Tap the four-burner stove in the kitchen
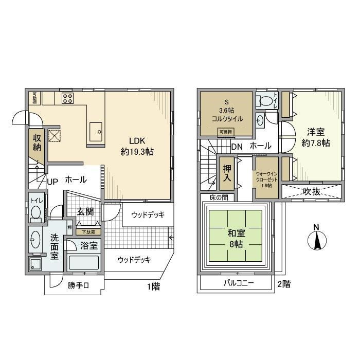[68, 98]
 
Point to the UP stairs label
[52, 181]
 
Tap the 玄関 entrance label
[85, 211]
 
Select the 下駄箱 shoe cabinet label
[89, 232]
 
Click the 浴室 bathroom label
[89, 246]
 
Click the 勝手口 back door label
[79, 286]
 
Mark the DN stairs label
[237, 146]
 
